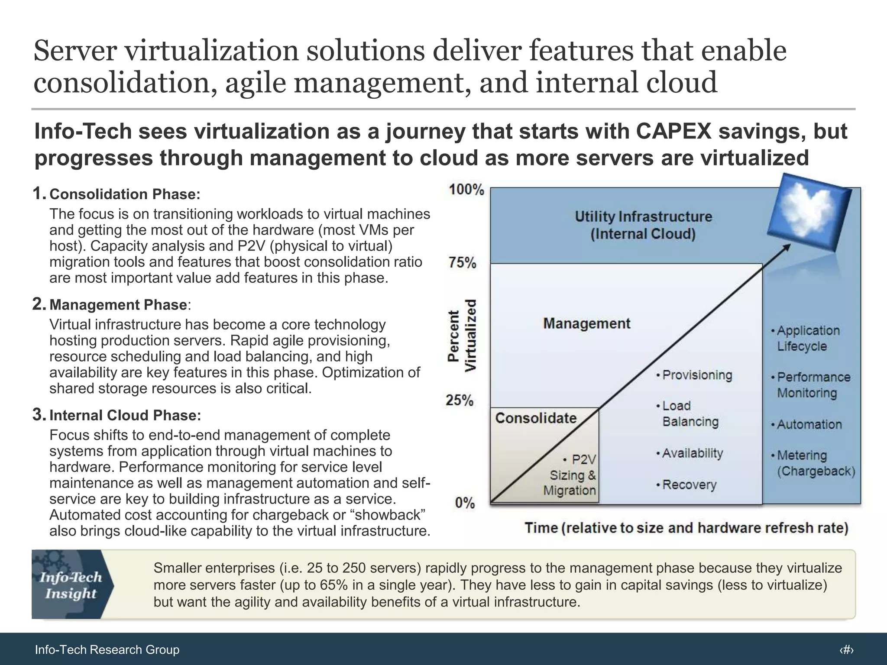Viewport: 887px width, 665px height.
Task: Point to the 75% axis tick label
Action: coord(462,263)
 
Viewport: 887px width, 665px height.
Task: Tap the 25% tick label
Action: coord(460,400)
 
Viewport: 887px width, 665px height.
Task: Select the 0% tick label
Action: coord(465,503)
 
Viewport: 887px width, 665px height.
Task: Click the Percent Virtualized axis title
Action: coord(462,336)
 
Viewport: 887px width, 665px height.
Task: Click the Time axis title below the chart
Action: coord(686,528)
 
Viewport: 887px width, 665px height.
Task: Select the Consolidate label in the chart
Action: coord(536,418)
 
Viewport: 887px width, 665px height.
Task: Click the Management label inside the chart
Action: coord(587,323)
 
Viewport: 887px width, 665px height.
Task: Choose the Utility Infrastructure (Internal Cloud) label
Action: coord(643,225)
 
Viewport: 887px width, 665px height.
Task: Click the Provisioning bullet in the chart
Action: coord(694,375)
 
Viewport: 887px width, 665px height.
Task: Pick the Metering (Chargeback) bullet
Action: coord(813,463)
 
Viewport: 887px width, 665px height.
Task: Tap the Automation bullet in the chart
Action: coord(806,424)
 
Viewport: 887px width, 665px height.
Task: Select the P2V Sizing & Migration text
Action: coord(572,475)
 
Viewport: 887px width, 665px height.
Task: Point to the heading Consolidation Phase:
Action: coord(125,194)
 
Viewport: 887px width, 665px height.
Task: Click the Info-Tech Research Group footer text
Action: coord(107,649)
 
